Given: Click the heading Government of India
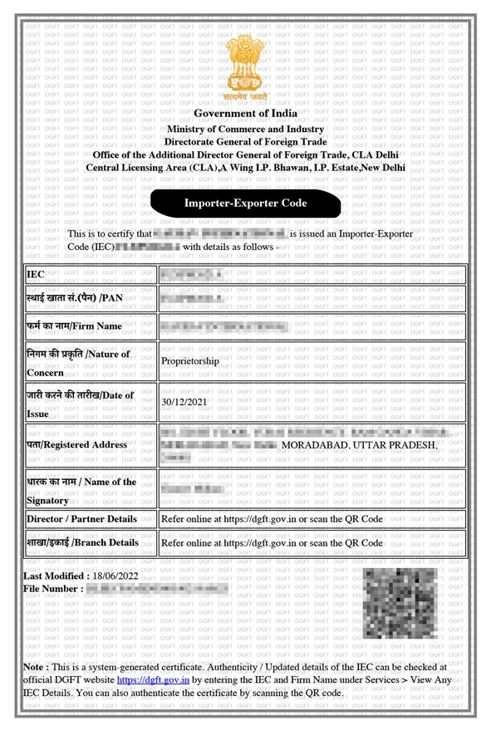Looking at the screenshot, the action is pyautogui.click(x=245, y=113).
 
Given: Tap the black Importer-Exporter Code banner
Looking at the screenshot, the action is pyautogui.click(x=245, y=203).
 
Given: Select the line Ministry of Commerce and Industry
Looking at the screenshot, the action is pyautogui.click(x=245, y=130).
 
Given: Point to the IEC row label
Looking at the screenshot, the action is pyautogui.click(x=36, y=274).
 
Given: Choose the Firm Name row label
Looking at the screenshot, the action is pyautogui.click(x=74, y=326).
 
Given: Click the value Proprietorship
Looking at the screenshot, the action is pyautogui.click(x=190, y=361).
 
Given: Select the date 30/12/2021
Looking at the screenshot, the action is pyautogui.click(x=187, y=402).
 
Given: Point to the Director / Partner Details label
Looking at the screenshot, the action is pyautogui.click(x=81, y=518).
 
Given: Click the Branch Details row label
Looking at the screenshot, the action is pyautogui.click(x=82, y=542).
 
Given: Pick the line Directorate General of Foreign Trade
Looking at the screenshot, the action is pyautogui.click(x=245, y=142).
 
